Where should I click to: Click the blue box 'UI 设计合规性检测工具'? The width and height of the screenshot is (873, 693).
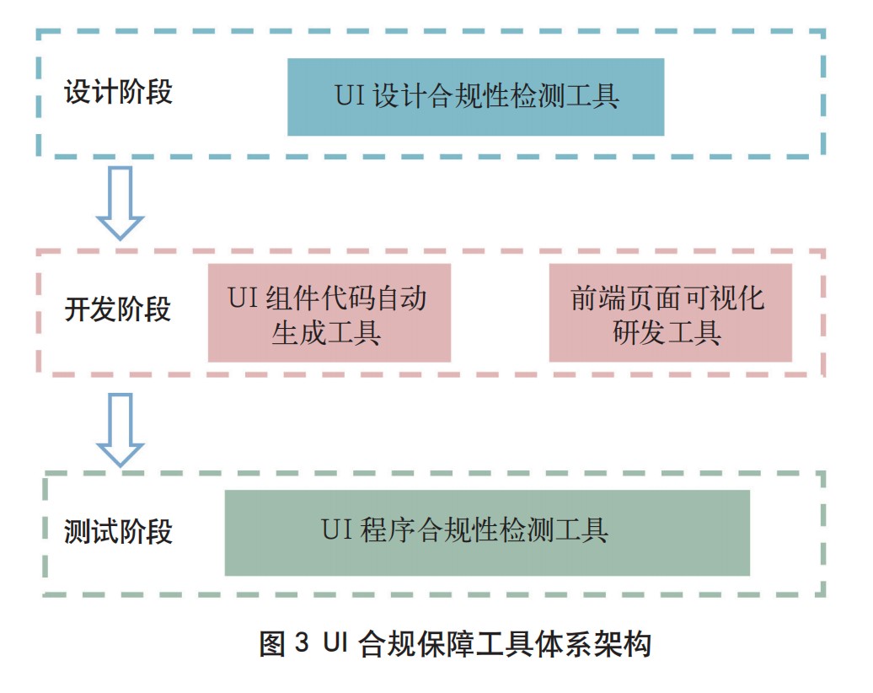coord(475,97)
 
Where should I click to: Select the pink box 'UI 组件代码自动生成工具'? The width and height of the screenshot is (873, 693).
coord(329,313)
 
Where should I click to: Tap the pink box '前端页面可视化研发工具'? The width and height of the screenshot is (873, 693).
coord(670,313)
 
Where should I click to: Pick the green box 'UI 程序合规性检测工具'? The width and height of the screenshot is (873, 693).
coord(487,533)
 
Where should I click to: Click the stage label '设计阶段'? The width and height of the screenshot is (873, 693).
coord(118,91)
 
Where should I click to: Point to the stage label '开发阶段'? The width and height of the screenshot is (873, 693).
coord(118,309)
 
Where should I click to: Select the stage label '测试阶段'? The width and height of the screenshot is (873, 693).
coord(118,532)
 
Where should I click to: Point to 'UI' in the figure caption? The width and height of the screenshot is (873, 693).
coord(335,645)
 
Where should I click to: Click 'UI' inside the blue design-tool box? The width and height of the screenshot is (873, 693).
coord(349,96)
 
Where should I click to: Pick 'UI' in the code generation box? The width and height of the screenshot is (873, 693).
coord(242,298)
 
